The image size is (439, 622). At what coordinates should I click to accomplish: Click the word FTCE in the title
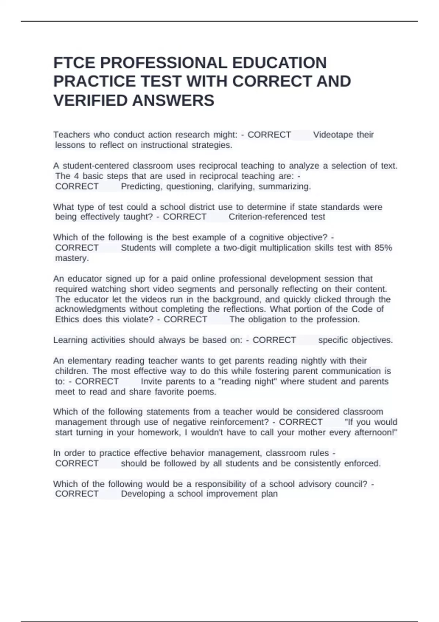tap(74, 63)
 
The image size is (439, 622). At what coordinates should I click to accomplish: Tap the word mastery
tap(72, 258)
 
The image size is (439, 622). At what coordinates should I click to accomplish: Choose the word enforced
tap(363, 464)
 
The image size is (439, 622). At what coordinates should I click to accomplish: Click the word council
tap(350, 484)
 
